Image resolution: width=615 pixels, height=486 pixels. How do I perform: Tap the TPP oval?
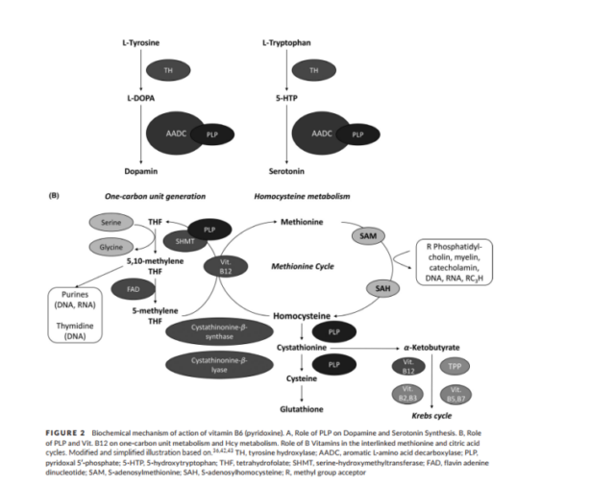(x=455, y=365)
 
